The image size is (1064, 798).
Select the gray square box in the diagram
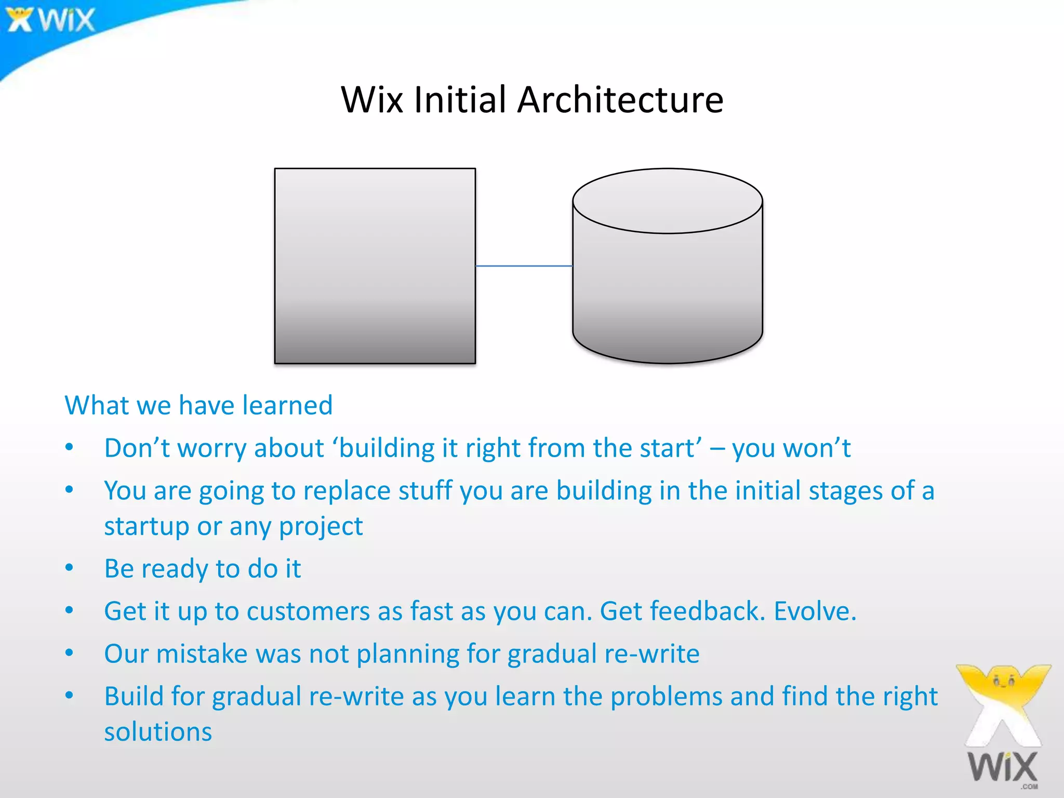[x=375, y=266]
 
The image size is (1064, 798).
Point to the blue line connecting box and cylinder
[x=524, y=266]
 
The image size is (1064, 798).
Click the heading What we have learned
[x=198, y=405]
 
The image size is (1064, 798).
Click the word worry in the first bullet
[x=211, y=448]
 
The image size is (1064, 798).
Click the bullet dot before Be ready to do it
[x=70, y=568]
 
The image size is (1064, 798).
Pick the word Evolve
[x=815, y=611]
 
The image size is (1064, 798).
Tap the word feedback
[x=682, y=611]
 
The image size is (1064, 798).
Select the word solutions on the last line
[x=158, y=732]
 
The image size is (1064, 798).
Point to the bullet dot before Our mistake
[x=70, y=653]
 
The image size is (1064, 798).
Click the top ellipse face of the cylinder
[x=667, y=201]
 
